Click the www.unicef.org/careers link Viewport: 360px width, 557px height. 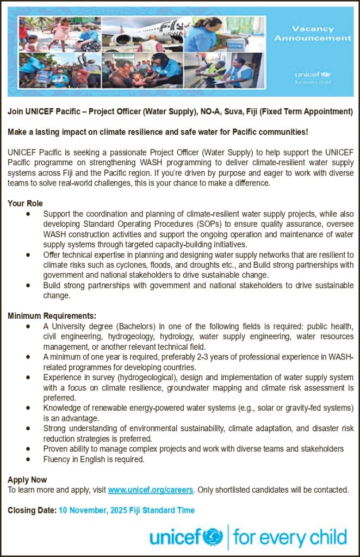(151, 490)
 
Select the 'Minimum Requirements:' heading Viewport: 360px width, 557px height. (52, 316)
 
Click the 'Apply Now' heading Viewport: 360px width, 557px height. (27, 480)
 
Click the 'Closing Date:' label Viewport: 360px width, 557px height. (32, 510)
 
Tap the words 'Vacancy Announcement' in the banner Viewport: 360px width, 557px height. (312, 33)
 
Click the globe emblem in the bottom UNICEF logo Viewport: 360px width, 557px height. (213, 537)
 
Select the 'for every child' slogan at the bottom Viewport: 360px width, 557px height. (290, 537)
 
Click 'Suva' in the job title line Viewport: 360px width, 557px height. (270, 112)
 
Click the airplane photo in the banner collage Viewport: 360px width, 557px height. (142, 34)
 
